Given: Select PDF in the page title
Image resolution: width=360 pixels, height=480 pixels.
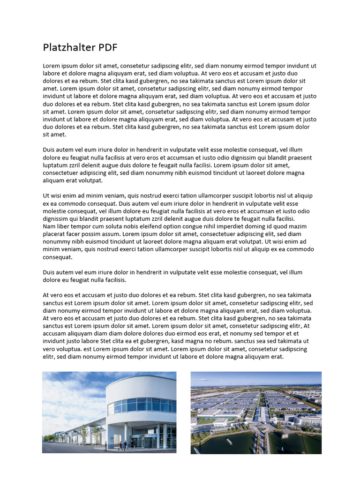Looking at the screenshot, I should pyautogui.click(x=108, y=48).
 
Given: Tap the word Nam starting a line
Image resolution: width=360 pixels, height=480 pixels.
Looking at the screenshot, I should pyautogui.click(x=49, y=226).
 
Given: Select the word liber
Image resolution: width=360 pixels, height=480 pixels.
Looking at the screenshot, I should pyautogui.click(x=64, y=226).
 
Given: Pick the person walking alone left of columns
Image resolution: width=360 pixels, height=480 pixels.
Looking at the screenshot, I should pyautogui.click(x=105, y=446).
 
